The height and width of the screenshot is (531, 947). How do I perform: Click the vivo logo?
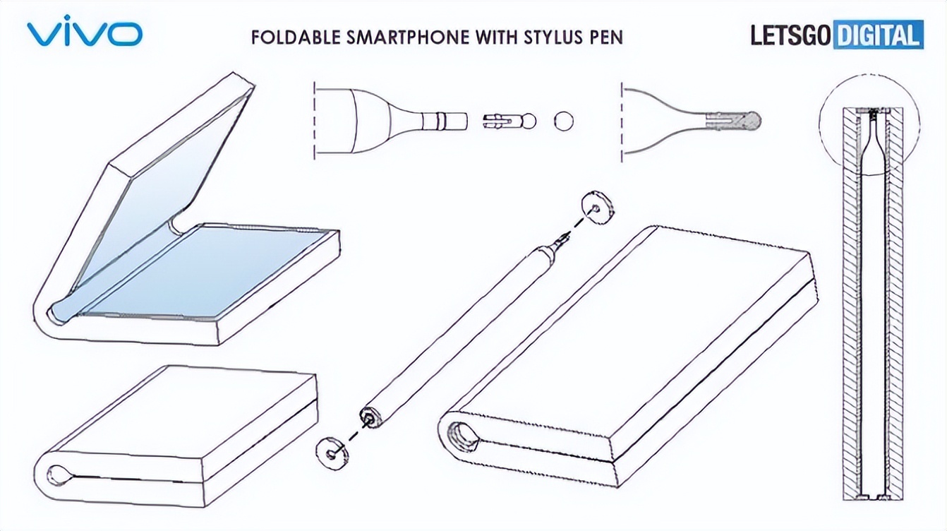(x=85, y=31)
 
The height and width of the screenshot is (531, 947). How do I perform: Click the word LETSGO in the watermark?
(x=790, y=35)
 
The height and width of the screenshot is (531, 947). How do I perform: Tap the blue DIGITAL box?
(x=878, y=35)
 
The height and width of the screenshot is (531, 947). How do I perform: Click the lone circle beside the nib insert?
(x=564, y=121)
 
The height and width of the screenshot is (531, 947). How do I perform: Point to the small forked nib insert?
(x=509, y=121)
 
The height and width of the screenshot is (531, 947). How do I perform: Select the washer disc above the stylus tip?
(x=598, y=208)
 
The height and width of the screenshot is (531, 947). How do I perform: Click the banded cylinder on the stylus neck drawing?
(x=445, y=121)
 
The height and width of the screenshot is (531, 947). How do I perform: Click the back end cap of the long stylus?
(x=369, y=417)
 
